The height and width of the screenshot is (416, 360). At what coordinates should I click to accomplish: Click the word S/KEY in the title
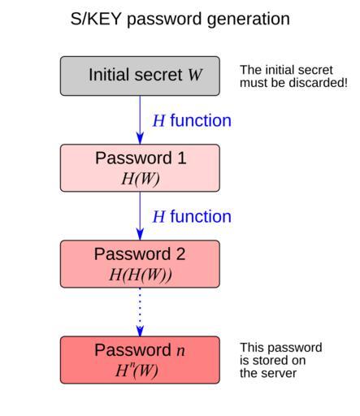point(96,19)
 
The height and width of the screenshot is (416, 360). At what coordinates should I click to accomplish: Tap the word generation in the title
point(249,19)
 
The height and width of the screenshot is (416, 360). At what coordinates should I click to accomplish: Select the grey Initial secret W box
point(140,76)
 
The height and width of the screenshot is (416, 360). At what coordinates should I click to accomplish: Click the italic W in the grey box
point(195,75)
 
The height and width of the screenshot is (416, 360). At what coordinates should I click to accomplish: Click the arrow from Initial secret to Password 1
point(140,119)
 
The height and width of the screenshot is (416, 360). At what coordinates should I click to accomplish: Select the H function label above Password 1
point(192,120)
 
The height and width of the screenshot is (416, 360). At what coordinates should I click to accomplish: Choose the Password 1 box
point(140,168)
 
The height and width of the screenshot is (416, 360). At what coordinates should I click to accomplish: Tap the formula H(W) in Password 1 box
point(141,179)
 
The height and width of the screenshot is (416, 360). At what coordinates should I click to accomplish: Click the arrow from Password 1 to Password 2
point(140,216)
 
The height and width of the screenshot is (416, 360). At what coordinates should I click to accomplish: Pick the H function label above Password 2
point(192,217)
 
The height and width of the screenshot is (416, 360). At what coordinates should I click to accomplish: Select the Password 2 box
point(140,264)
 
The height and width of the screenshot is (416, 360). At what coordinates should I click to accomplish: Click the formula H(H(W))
point(141,275)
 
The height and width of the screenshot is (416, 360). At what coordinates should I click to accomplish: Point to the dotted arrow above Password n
point(140,312)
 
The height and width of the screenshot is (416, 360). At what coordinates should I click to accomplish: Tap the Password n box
point(140,360)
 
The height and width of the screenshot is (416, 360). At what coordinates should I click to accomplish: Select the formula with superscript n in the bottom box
point(137,370)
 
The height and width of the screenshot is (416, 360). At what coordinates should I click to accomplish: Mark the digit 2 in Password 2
point(180,254)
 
